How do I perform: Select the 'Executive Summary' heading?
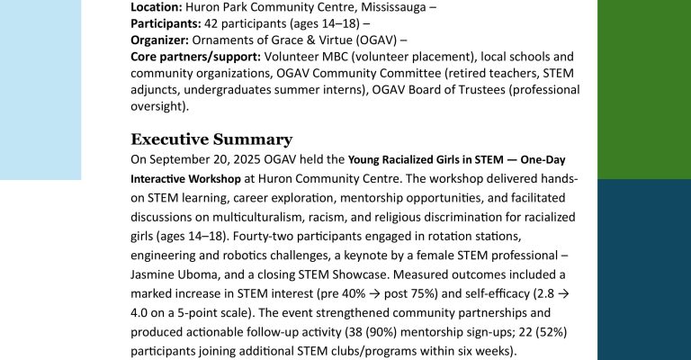(x=211, y=139)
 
